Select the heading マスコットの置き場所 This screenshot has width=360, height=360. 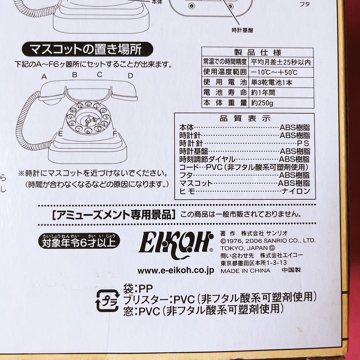click(87, 50)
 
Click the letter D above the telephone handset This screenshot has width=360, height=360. click(130, 76)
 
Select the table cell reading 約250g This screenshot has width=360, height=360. click(262, 103)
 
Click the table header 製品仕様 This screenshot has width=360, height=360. click(258, 52)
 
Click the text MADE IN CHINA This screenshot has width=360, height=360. click(245, 271)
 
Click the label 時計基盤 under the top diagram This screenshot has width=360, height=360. click(242, 30)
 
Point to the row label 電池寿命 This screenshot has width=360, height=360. click(225, 93)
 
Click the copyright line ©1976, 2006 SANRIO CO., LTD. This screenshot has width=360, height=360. click(268, 240)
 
